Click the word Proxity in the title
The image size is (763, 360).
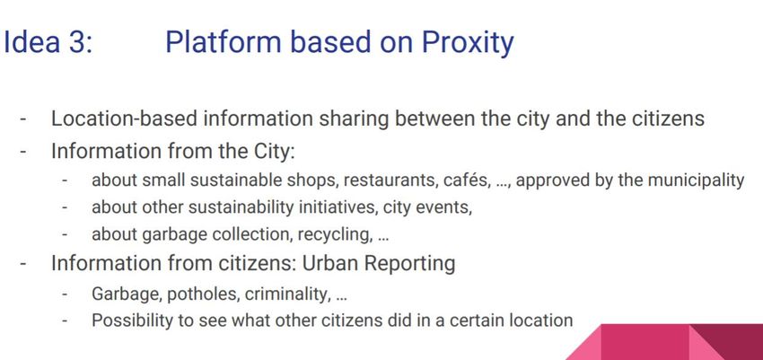[467, 43]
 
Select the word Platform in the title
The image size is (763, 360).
[224, 42]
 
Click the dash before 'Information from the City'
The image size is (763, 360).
[23, 152]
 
